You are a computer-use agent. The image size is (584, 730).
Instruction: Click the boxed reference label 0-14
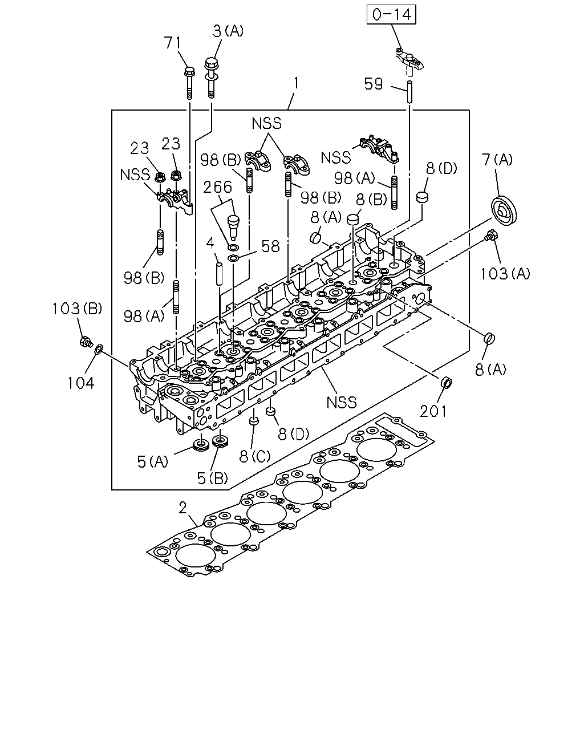[392, 15]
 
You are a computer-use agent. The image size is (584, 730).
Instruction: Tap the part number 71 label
[173, 43]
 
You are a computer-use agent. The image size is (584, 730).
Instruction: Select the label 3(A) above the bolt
[228, 31]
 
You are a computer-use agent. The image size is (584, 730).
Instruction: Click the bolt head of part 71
[189, 71]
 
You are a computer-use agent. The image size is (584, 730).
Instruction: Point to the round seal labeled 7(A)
[504, 209]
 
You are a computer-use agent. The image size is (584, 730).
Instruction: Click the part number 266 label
[217, 187]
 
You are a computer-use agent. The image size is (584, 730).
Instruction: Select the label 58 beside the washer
[270, 246]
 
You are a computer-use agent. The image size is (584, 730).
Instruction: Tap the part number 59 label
[374, 84]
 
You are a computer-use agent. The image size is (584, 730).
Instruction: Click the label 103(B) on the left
[76, 309]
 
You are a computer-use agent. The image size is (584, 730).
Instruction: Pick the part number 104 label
[81, 383]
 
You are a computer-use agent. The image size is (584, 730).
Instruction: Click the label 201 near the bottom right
[433, 411]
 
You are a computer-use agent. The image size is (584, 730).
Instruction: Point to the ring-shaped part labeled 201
[446, 382]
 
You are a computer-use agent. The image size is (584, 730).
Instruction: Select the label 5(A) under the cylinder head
[152, 461]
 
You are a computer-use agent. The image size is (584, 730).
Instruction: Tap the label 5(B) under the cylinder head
[212, 478]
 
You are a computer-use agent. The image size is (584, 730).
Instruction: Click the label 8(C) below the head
[255, 456]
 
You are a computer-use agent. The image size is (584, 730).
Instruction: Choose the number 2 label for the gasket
[182, 508]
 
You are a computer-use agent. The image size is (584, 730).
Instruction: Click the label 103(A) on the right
[505, 273]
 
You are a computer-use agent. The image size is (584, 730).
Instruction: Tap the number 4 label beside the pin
[210, 243]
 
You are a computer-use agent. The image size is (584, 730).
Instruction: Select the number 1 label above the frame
[296, 83]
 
